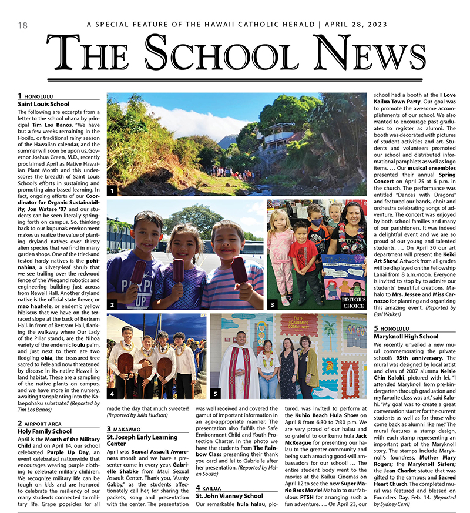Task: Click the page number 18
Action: pyautogui.click(x=23, y=25)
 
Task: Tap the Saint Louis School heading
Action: pyautogui.click(x=43, y=104)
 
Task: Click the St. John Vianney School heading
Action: pyautogui.click(x=229, y=496)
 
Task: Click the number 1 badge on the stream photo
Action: pyautogui.click(x=112, y=191)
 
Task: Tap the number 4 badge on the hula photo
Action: pyautogui.click(x=112, y=393)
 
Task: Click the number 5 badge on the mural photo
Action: pyautogui.click(x=216, y=393)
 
